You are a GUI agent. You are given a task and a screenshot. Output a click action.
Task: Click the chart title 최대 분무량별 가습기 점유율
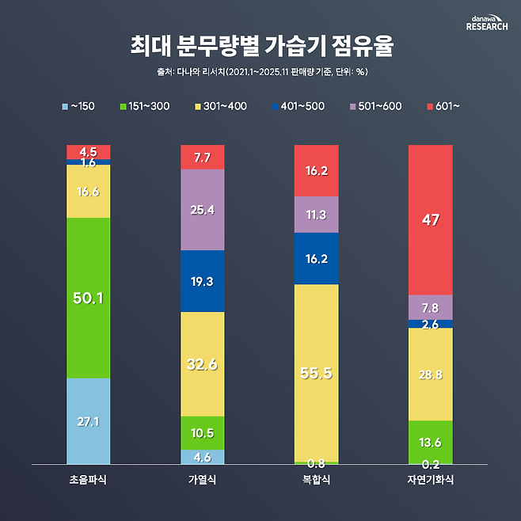click(260, 46)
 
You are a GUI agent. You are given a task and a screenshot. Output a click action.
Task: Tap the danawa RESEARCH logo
click(487, 21)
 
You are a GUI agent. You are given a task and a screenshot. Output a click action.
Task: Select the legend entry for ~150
click(79, 105)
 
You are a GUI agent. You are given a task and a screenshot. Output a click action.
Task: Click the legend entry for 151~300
click(143, 105)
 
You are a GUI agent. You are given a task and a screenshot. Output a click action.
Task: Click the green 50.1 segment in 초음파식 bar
click(88, 298)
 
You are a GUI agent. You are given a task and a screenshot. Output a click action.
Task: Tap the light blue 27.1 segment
click(88, 420)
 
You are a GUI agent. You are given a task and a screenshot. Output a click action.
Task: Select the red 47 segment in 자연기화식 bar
click(430, 220)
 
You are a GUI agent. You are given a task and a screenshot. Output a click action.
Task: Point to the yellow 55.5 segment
click(316, 371)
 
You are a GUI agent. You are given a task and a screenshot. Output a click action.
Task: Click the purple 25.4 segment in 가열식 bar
click(202, 210)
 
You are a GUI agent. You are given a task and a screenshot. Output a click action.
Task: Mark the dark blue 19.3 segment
click(202, 281)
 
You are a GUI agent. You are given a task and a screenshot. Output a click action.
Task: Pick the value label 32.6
click(202, 365)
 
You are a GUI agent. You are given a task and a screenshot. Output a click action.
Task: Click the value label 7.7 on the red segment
click(202, 158)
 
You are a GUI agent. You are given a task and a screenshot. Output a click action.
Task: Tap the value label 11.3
click(316, 214)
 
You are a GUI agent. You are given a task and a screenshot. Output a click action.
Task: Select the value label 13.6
click(430, 443)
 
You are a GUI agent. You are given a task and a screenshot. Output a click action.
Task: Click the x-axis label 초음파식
click(88, 480)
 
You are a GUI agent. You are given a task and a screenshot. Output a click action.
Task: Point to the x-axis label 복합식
click(316, 480)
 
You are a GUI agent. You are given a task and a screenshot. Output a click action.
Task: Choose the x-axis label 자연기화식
click(430, 480)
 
